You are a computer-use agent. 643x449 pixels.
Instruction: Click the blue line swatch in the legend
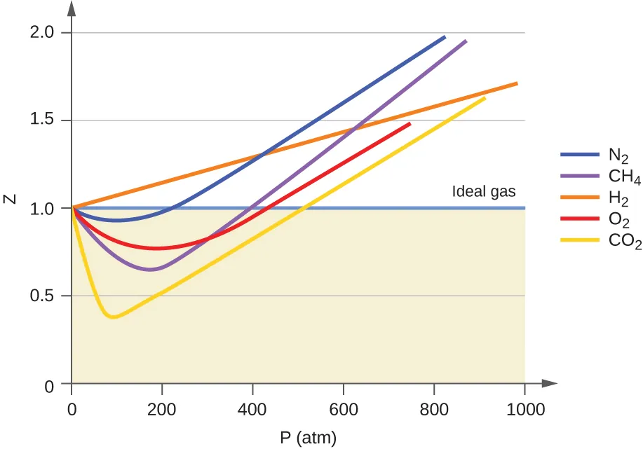click(579, 154)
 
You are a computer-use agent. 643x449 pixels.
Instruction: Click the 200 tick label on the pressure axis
click(162, 410)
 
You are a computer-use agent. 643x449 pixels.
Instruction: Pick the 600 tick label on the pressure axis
click(344, 410)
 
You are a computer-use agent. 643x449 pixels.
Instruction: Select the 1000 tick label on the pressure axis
click(524, 410)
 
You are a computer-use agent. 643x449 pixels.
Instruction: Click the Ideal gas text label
click(484, 191)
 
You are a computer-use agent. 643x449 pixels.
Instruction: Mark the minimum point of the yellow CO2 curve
click(112, 317)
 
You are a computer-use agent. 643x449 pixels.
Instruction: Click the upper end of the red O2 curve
click(410, 124)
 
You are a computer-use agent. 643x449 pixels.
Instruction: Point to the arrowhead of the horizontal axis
click(551, 383)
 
